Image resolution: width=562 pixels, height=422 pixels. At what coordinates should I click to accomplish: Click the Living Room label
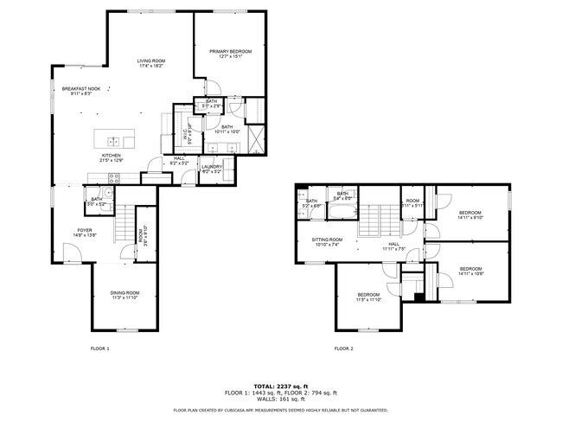coord(151,62)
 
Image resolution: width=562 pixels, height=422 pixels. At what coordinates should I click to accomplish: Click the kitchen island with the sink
coord(115,141)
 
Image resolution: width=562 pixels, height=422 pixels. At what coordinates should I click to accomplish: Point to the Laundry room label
coord(212,169)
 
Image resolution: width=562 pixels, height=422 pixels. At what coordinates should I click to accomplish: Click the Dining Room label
coord(125,295)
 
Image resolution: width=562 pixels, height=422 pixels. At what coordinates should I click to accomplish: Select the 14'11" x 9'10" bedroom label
coord(469,215)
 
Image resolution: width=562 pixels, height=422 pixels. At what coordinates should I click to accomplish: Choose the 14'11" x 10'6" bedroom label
coord(470,271)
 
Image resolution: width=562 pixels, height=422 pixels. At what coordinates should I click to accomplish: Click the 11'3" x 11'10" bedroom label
coord(368,297)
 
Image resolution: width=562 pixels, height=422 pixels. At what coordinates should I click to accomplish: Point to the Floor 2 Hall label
coord(393,246)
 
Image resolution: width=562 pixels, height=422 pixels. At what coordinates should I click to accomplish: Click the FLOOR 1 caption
coord(100,348)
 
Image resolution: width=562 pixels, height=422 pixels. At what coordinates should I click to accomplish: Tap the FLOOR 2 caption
coord(344,348)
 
